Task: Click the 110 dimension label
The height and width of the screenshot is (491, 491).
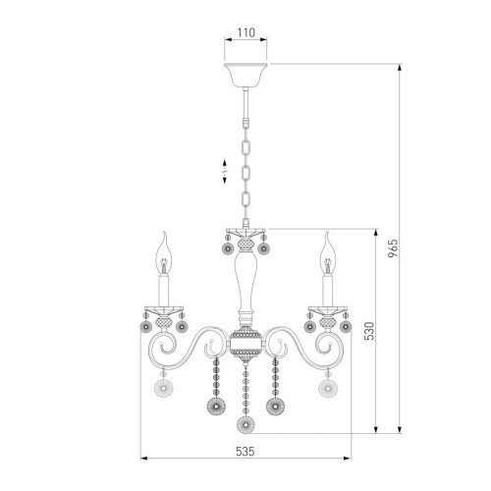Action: (245, 32)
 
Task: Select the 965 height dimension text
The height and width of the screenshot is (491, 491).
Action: (394, 247)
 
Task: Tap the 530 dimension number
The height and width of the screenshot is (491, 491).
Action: (369, 331)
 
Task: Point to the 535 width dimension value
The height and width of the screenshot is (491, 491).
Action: (245, 452)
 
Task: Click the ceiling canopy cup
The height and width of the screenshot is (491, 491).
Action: (245, 75)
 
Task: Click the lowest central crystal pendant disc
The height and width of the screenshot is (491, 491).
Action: (245, 424)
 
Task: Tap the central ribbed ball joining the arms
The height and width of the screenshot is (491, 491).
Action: (245, 344)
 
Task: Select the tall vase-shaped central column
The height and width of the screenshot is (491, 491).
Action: (245, 283)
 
